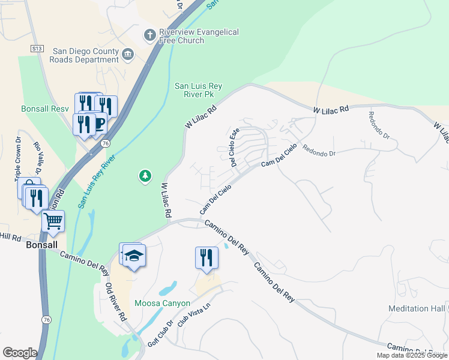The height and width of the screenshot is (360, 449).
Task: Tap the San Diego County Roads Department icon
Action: [x=128, y=55]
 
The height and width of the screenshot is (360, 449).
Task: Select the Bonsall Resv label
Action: [x=45, y=109]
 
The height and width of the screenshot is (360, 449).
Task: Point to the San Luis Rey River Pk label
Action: [x=198, y=90]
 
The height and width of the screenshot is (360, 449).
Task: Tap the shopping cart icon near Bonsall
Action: [x=53, y=221]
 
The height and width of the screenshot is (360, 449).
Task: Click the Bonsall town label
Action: [x=41, y=245]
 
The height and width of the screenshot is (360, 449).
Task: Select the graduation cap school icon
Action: [x=134, y=256]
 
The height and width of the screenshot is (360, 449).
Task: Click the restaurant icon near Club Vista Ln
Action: [x=206, y=257]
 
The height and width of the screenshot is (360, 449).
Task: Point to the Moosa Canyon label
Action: [x=162, y=303]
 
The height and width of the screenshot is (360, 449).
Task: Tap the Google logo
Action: [x=20, y=353]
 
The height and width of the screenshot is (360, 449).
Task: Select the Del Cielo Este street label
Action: [x=235, y=146]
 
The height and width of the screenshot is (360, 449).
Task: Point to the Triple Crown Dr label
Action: [x=18, y=160]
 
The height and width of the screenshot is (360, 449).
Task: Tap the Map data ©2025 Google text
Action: [x=412, y=355]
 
